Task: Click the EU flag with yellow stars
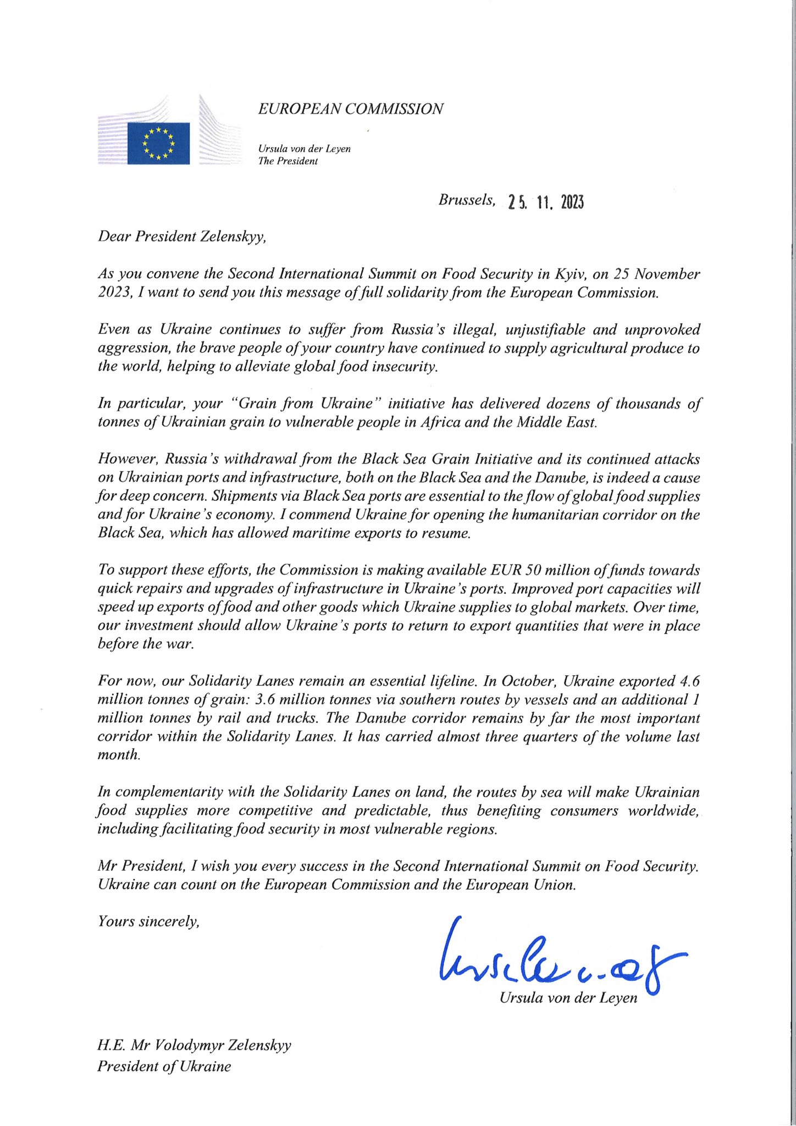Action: pos(158,143)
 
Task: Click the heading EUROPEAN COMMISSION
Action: pos(351,109)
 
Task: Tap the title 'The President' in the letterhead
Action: pos(288,162)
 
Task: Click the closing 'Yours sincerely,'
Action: pos(148,921)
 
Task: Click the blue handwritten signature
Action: pos(555,959)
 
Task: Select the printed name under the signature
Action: pos(568,997)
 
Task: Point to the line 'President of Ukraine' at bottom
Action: pos(164,1067)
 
